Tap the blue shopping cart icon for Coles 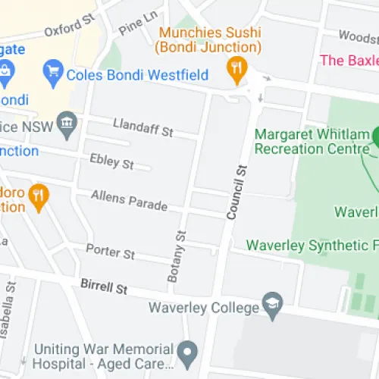pos(53,74)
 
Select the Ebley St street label pos(111,161)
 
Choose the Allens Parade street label pos(125,199)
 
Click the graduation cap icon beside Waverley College pos(271,305)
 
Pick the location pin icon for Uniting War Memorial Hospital pos(186,352)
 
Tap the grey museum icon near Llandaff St pos(68,124)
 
